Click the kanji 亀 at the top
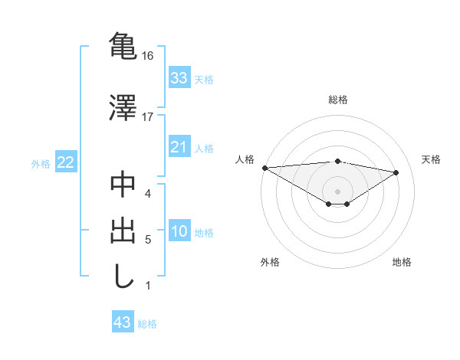(x=123, y=45)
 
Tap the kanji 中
(x=123, y=185)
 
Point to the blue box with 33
(x=179, y=78)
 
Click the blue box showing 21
(x=179, y=147)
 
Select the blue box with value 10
(x=179, y=231)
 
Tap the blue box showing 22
(x=65, y=162)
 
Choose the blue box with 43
(x=123, y=322)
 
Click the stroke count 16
(x=148, y=57)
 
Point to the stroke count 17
(x=148, y=116)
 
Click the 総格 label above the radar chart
(x=338, y=100)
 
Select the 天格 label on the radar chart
(x=432, y=159)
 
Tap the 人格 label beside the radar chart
(x=245, y=159)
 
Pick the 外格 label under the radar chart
(x=270, y=263)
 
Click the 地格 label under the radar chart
(x=402, y=263)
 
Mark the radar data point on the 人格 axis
(x=264, y=168)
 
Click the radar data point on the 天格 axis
(x=396, y=172)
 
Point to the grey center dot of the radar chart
(x=337, y=191)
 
